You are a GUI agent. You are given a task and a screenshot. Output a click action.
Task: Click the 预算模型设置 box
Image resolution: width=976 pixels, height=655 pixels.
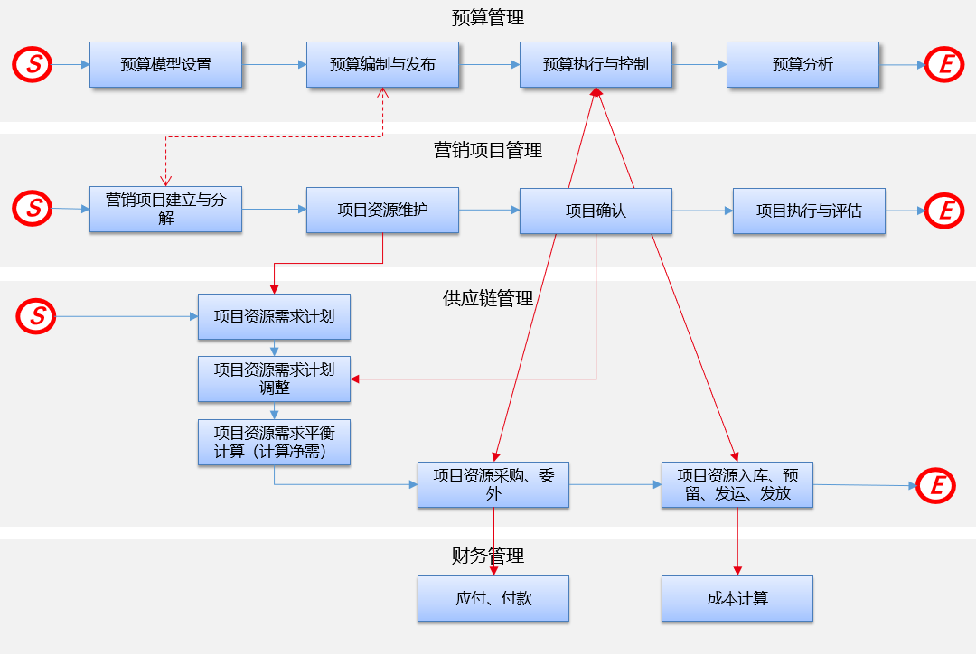[165, 65]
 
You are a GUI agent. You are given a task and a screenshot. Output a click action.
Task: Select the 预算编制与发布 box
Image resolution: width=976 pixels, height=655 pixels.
[382, 65]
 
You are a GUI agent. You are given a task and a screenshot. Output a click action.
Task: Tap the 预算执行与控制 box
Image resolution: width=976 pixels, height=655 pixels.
[596, 65]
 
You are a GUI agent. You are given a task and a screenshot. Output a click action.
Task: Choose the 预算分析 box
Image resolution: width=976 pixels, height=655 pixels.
[802, 65]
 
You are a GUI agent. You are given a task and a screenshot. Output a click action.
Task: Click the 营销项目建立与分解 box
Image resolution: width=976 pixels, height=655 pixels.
[165, 210]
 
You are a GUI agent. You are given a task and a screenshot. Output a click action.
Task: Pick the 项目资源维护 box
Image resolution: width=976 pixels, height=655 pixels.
[382, 211]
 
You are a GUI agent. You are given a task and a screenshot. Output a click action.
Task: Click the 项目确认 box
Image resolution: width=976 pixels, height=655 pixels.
[596, 211]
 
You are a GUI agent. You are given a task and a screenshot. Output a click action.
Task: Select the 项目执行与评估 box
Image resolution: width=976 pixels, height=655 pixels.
[809, 211]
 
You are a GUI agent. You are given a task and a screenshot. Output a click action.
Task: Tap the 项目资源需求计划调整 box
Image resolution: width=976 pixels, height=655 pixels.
[274, 379]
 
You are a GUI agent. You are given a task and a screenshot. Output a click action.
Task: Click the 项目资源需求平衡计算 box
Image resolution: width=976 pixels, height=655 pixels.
[274, 442]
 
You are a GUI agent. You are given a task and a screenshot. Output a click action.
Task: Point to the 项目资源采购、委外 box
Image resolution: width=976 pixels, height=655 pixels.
[493, 484]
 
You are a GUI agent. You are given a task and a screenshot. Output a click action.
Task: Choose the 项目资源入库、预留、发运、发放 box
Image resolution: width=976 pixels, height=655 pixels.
[737, 484]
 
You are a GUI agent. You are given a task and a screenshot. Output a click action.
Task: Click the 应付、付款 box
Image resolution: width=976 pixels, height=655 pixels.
[493, 599]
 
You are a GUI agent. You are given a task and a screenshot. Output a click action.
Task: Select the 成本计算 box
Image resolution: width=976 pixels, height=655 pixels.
[737, 599]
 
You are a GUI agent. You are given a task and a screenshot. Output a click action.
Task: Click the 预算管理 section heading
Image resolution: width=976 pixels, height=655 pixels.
[488, 17]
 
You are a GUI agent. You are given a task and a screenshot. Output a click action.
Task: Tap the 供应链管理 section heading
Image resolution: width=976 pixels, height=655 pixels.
[488, 298]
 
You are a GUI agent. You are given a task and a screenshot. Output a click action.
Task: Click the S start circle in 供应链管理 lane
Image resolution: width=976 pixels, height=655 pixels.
[37, 315]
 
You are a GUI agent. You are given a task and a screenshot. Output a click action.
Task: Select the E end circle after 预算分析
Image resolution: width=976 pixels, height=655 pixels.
[945, 64]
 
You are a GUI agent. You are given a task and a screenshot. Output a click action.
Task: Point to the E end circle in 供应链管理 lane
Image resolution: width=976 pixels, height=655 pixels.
[936, 486]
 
